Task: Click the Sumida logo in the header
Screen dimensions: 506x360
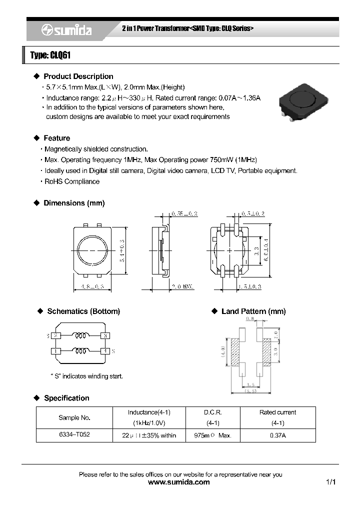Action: coord(66,30)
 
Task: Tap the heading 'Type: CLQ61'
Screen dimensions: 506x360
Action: coord(50,55)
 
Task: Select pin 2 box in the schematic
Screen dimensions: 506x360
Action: coord(56,335)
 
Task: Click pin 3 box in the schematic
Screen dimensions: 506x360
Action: coord(104,335)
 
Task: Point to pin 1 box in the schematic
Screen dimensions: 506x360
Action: coord(53,351)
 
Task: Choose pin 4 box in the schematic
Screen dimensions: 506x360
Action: coord(104,351)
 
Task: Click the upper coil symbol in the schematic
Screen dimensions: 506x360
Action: coord(80,335)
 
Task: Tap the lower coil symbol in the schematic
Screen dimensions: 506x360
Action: coord(80,350)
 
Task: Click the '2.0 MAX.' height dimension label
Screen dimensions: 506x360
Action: coord(182,286)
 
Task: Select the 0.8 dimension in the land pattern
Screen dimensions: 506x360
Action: coord(250,318)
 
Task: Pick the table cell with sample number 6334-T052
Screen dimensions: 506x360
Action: coord(75,435)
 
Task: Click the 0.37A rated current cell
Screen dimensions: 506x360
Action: coord(277,435)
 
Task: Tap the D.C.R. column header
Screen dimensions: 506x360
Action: coord(212,412)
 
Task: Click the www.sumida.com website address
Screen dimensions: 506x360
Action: coord(179,482)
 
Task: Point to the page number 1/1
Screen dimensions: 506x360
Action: coord(330,482)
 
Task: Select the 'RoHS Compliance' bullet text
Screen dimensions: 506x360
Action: coord(72,181)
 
